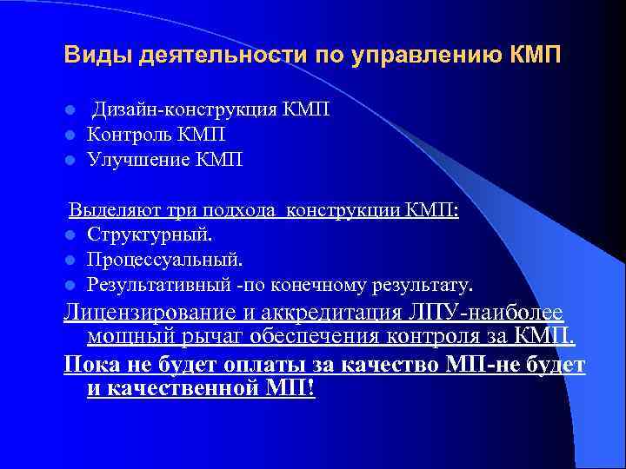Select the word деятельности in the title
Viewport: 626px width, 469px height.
[210, 56]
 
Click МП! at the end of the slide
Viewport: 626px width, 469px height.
[293, 388]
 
